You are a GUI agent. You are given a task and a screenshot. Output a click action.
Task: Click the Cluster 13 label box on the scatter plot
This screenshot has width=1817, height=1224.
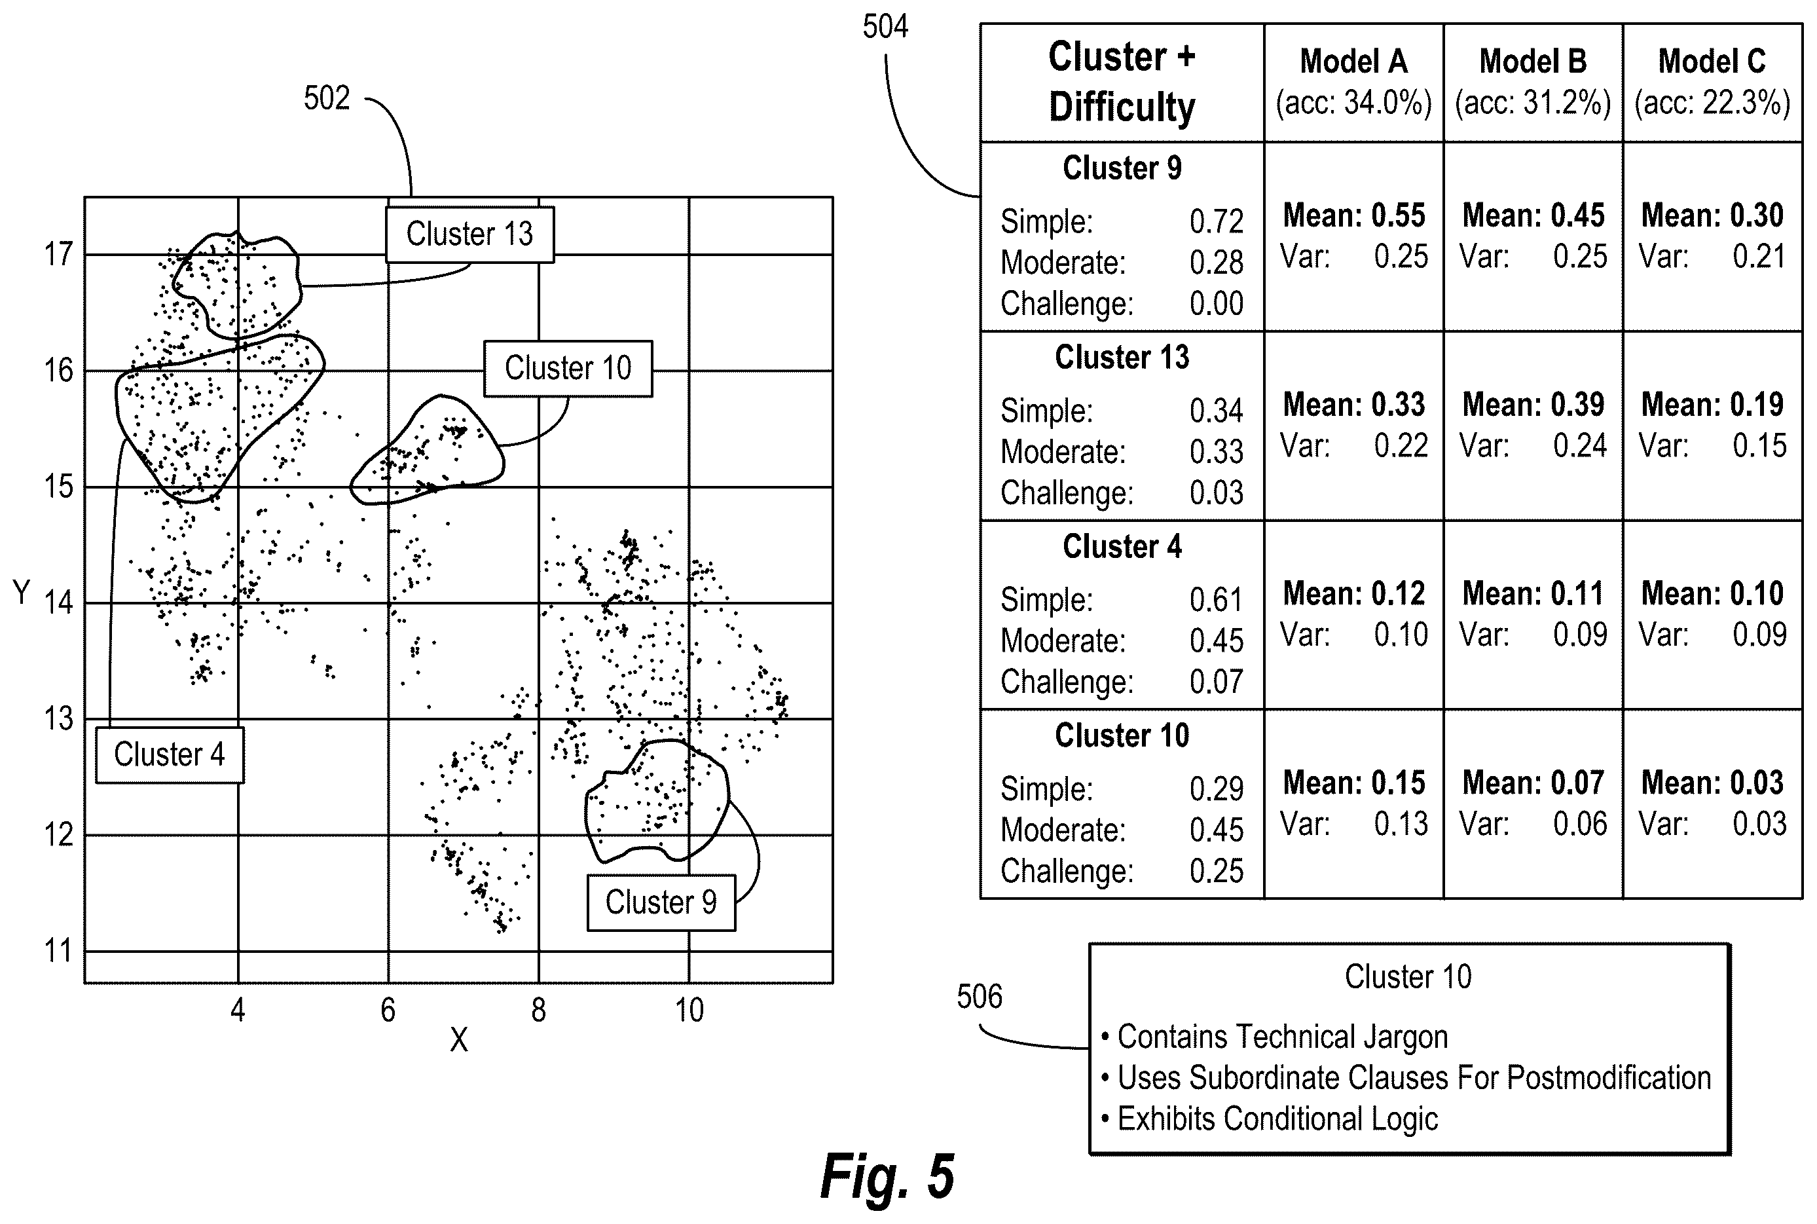470,234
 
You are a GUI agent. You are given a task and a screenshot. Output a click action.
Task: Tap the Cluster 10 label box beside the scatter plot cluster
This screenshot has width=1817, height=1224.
568,369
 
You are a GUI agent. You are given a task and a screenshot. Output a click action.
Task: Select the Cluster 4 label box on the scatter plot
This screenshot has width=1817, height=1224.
170,755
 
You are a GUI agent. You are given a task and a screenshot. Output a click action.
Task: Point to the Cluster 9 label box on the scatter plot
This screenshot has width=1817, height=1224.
661,902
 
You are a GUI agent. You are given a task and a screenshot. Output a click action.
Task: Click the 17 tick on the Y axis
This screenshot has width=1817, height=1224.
58,255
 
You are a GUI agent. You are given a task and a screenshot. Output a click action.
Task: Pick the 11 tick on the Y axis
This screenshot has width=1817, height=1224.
58,951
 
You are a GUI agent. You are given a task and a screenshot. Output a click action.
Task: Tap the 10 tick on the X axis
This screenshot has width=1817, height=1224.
689,1010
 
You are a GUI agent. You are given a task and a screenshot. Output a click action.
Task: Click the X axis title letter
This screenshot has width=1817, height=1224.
459,1040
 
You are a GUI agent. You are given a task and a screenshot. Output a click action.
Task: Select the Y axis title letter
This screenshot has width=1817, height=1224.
22,593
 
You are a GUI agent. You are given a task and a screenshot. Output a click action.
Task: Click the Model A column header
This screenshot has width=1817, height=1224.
1353,62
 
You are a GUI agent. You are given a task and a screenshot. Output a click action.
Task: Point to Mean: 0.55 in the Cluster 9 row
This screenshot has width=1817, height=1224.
1354,215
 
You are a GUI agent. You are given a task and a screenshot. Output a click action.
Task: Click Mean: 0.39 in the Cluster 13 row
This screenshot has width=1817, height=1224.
1533,404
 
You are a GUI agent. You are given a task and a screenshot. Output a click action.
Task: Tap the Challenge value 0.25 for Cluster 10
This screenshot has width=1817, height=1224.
1216,871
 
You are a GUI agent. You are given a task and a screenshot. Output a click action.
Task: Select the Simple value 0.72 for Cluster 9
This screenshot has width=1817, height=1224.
1216,222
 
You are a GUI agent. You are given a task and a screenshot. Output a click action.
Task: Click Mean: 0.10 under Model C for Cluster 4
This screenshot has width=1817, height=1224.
1712,593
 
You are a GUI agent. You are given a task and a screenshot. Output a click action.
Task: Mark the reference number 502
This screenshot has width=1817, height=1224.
327,98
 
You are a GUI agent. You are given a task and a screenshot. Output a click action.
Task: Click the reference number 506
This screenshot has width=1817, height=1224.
980,997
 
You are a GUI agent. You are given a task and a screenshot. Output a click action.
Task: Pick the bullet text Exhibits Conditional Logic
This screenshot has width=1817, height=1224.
1277,1119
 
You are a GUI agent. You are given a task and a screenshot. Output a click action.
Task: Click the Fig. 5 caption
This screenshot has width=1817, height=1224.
887,1176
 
